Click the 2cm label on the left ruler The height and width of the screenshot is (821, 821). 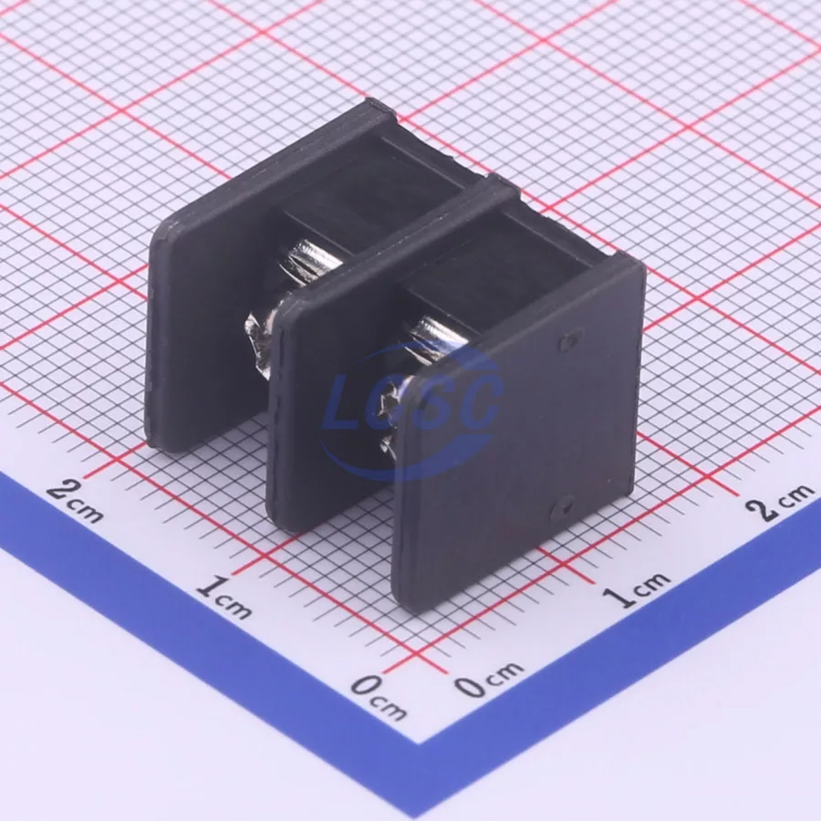76,501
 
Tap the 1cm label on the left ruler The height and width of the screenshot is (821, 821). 223,597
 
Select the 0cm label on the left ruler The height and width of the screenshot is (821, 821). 378,697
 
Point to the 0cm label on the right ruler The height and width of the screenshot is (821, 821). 488,679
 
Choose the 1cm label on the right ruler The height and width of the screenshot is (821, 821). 636,589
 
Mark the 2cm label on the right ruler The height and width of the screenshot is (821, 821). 781,501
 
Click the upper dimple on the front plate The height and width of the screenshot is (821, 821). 569,342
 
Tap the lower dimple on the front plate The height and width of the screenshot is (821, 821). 563,508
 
